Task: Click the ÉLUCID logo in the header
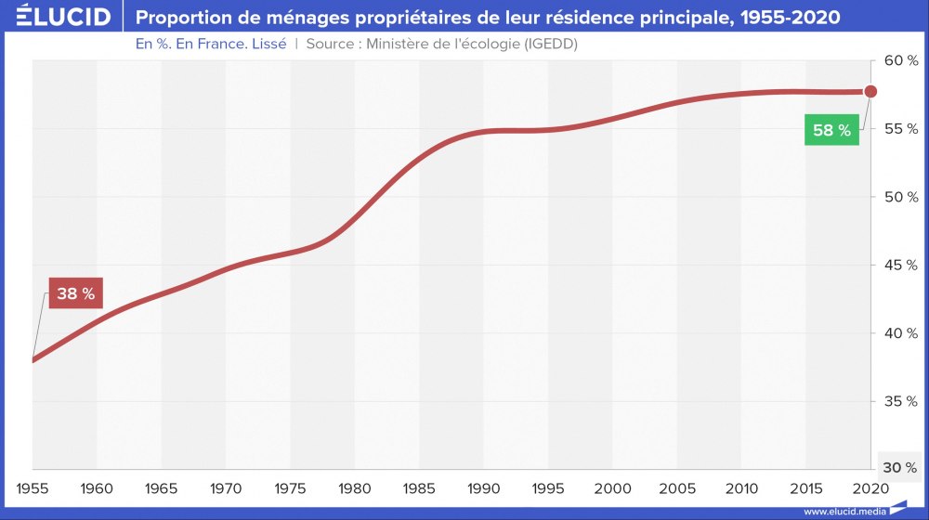click(x=58, y=17)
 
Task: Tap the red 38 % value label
click(x=75, y=293)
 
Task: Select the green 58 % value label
click(x=831, y=130)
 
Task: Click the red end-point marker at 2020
click(x=870, y=91)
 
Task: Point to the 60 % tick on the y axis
click(x=900, y=60)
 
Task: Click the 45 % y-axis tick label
click(x=900, y=265)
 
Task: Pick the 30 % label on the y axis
click(x=900, y=467)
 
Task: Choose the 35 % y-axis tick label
click(x=900, y=401)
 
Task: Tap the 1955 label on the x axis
click(x=33, y=488)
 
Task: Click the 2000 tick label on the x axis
click(x=613, y=488)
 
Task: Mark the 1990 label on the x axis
click(x=484, y=488)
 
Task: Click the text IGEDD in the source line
click(x=546, y=44)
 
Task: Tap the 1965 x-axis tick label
click(x=163, y=488)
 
